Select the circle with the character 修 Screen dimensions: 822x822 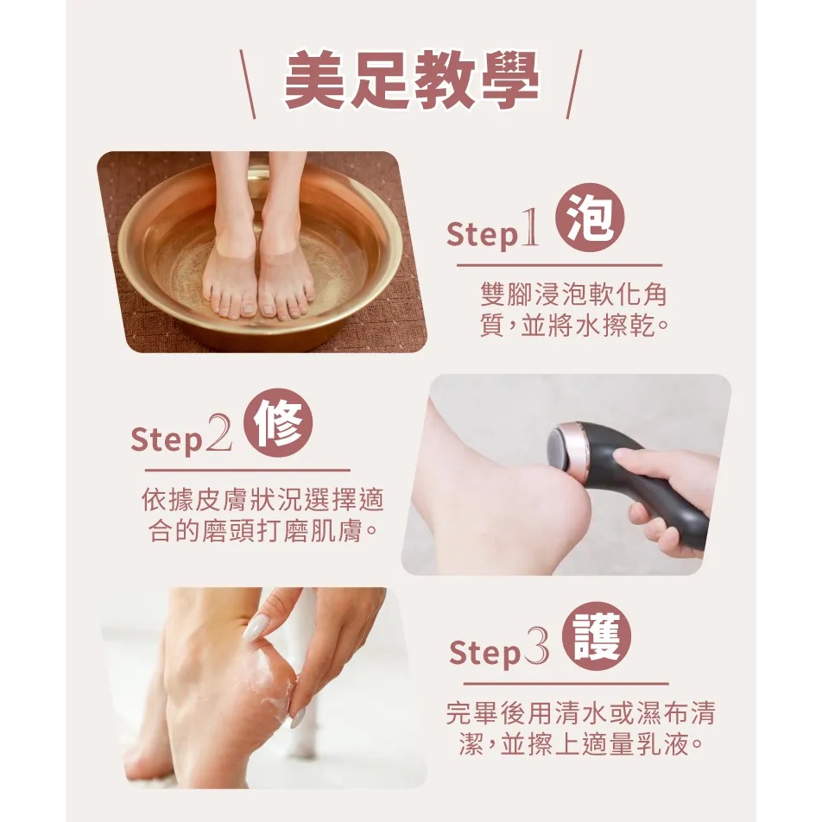click(278, 425)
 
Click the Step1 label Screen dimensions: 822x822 click(494, 233)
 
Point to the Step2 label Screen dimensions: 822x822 click(181, 438)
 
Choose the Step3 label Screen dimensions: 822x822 click(499, 652)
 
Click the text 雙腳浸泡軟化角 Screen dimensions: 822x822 click(573, 295)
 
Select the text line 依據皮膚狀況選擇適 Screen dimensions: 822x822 click(262, 499)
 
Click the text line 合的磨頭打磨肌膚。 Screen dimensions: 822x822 click(262, 530)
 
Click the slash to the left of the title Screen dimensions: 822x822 click(247, 85)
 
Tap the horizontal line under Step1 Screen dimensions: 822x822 click(559, 265)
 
